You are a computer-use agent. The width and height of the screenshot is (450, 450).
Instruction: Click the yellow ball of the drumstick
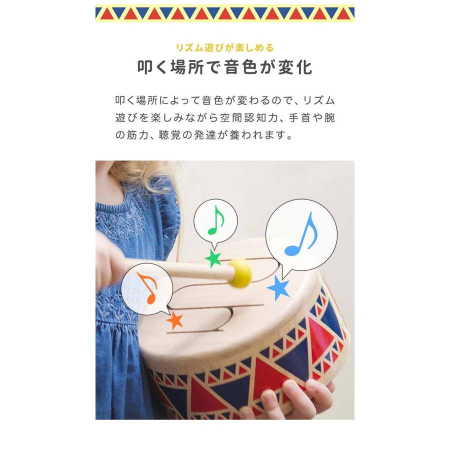[x=240, y=273]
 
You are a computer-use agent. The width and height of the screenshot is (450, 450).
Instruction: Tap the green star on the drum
[x=213, y=258]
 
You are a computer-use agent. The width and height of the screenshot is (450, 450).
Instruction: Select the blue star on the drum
[x=278, y=288]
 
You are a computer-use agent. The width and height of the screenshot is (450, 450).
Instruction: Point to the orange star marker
[x=175, y=319]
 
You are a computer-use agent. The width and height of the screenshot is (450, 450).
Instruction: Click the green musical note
[x=215, y=220]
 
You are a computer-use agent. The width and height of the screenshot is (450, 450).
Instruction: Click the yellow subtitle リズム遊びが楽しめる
[x=224, y=48]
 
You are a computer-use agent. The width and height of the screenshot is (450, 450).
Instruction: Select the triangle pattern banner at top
[x=224, y=13]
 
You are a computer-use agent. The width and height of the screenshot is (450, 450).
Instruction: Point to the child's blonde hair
[x=135, y=172]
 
